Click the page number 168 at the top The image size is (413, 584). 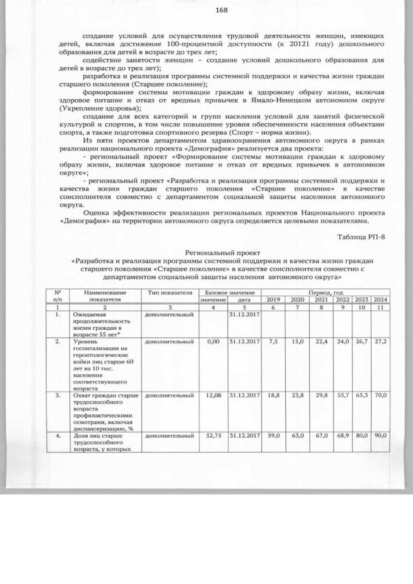point(221,10)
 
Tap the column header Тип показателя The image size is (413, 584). point(170,293)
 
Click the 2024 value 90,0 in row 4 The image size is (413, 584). point(380,436)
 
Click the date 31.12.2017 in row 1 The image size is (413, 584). point(244,314)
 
